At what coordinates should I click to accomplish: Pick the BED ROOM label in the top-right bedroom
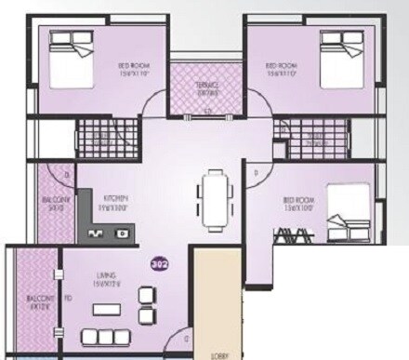pyautogui.click(x=281, y=66)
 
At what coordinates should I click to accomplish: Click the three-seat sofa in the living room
pyautogui.click(x=103, y=336)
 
